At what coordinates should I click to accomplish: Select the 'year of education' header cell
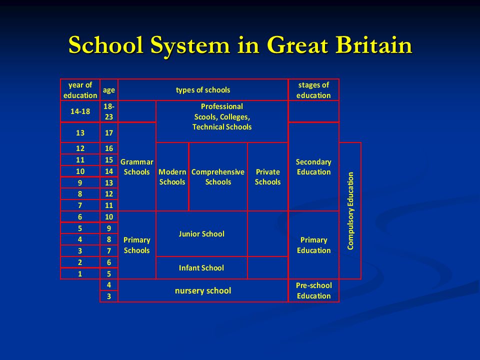(80, 90)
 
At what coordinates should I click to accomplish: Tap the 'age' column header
(108, 90)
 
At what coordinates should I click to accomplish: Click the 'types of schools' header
(202, 90)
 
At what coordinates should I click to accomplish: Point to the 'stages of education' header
(313, 90)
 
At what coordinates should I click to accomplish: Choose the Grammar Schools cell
(136, 167)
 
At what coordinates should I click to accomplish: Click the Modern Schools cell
(172, 177)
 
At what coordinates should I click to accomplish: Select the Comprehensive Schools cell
(218, 177)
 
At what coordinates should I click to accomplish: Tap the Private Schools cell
(267, 177)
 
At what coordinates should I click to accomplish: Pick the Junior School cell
(201, 233)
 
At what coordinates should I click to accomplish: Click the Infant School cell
(201, 268)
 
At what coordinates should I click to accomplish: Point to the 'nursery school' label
(203, 290)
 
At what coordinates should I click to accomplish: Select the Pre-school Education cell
(313, 290)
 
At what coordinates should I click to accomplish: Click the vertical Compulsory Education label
(350, 210)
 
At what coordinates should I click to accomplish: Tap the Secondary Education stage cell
(313, 167)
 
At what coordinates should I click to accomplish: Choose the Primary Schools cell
(136, 245)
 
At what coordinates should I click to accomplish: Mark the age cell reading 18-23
(108, 111)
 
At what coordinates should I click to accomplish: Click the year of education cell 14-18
(80, 111)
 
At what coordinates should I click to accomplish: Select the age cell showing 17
(108, 133)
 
